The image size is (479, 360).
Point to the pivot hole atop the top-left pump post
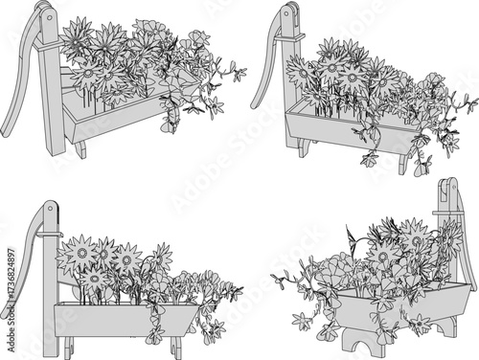pos(44,12)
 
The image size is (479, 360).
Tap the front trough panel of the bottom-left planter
pos(125,319)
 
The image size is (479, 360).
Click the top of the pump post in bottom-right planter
pos(447,186)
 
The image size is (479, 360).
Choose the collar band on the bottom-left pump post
pos(53,233)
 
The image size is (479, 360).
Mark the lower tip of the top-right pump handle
pos(255,105)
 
